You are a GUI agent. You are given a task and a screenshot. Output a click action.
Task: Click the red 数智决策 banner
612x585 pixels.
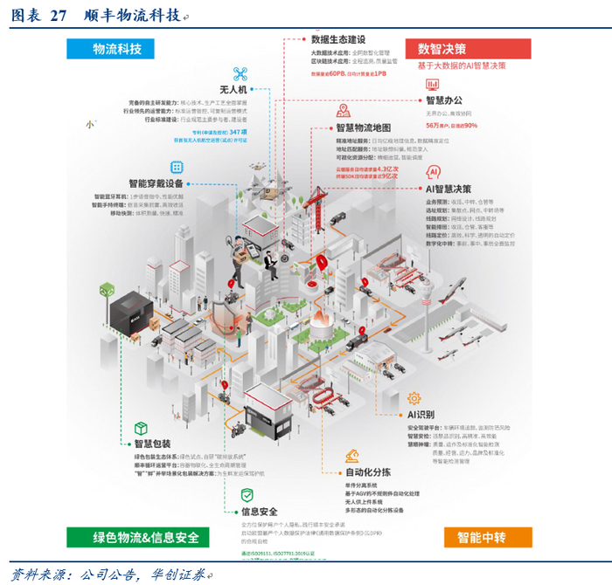468,49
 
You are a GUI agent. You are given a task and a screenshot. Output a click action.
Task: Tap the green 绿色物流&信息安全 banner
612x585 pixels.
134,537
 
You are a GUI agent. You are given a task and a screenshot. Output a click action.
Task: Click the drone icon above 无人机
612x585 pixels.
240,74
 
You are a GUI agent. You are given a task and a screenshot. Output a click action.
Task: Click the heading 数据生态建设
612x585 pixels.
338,39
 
